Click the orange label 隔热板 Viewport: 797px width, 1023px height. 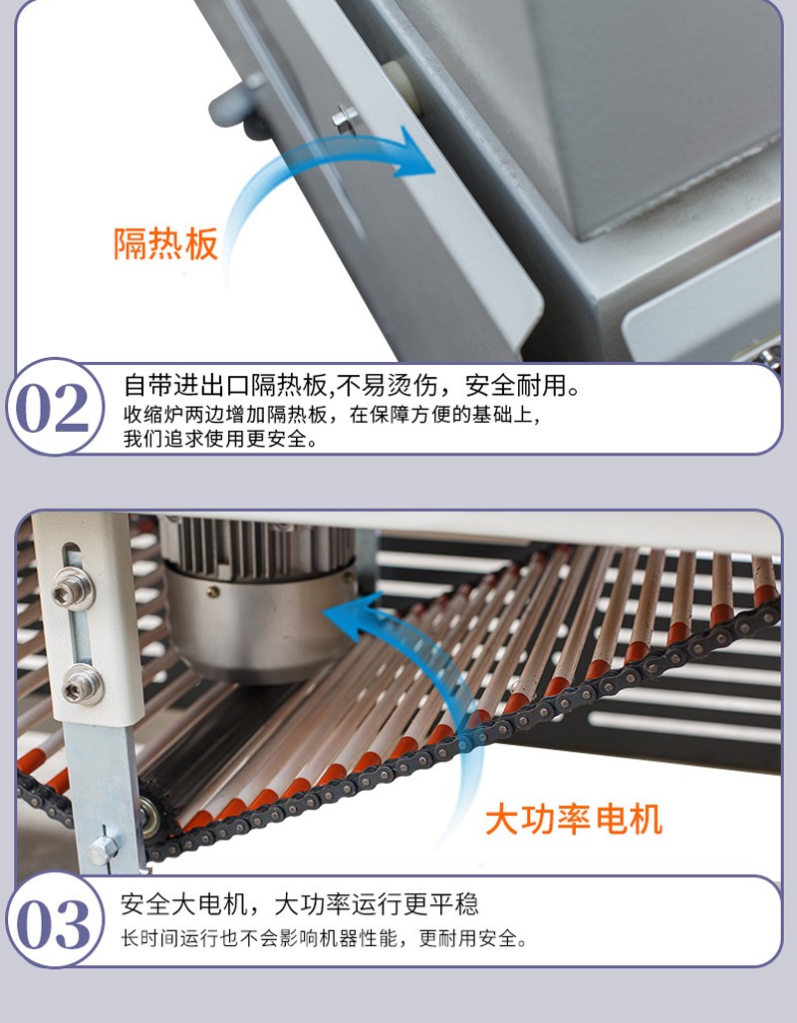click(x=165, y=244)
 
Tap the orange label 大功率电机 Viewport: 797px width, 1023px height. click(x=574, y=821)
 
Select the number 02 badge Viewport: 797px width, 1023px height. click(x=53, y=407)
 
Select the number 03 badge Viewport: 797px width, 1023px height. click(x=54, y=922)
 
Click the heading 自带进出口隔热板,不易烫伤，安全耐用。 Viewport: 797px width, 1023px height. click(x=352, y=385)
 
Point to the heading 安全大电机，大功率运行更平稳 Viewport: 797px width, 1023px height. click(x=300, y=904)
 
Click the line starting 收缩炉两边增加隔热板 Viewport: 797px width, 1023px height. click(x=332, y=415)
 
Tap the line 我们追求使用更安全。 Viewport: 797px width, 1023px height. click(x=221, y=439)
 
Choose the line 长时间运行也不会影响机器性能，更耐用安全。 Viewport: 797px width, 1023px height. click(x=324, y=939)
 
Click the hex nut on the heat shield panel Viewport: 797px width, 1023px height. click(x=345, y=118)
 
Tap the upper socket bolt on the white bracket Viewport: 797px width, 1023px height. click(x=73, y=590)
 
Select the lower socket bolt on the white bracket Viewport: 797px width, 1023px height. click(x=82, y=686)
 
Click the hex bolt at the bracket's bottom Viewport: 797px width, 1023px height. click(x=103, y=849)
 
